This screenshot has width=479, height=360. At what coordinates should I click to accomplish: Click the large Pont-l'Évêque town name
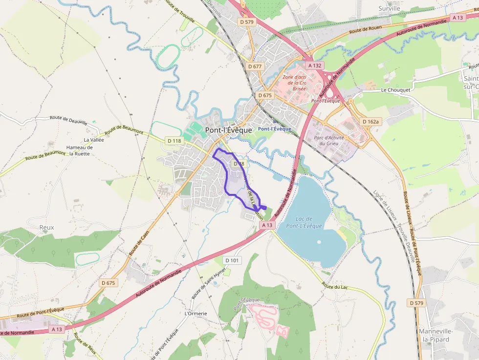tap(229, 130)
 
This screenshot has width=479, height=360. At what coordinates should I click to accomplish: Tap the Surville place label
tap(389, 8)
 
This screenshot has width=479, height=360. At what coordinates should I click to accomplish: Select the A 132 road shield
tap(315, 65)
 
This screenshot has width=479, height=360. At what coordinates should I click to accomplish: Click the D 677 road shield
tap(255, 66)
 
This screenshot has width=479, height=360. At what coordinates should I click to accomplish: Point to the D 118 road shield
tap(174, 141)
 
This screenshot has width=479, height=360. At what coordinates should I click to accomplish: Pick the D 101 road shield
tap(233, 260)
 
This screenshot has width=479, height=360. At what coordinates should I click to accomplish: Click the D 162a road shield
tap(371, 121)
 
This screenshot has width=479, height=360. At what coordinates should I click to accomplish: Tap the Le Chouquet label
tap(396, 90)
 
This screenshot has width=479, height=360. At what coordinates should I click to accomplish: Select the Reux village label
tap(47, 228)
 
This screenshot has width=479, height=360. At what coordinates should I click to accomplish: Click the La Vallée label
tap(93, 140)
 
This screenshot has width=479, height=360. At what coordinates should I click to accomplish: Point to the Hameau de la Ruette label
tap(79, 150)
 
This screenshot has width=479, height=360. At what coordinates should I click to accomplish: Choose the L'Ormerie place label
tap(196, 313)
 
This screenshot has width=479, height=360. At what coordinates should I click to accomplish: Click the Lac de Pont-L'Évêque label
tap(309, 222)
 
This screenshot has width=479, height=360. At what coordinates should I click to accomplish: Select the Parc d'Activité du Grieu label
tap(329, 141)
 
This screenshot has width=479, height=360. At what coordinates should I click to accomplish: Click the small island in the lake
tap(319, 241)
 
